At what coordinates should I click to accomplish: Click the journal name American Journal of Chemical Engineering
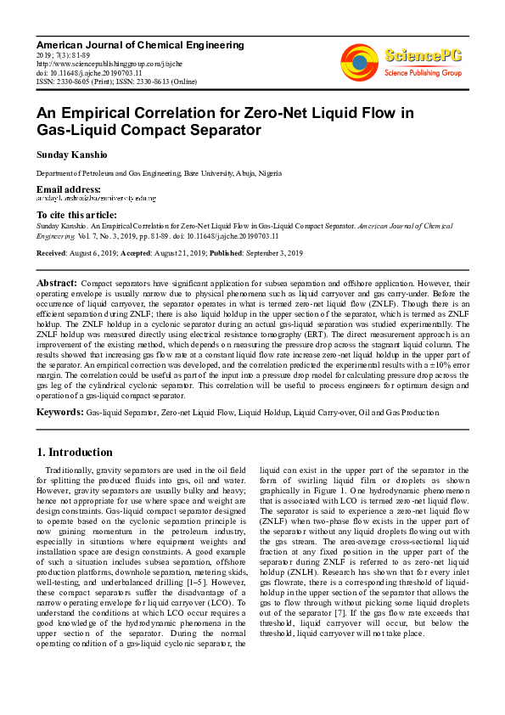point(140,45)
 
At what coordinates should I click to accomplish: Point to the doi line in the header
point(76,72)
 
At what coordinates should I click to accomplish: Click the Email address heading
point(68,189)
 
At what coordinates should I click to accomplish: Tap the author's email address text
point(96,198)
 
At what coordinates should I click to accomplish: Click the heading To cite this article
point(76,215)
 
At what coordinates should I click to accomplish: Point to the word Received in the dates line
point(53,254)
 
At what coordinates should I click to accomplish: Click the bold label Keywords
point(59,413)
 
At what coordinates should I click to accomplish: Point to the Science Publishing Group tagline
point(423,74)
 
